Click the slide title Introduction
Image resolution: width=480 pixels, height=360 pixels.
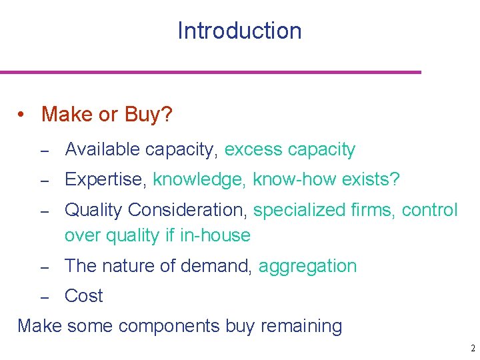point(239,31)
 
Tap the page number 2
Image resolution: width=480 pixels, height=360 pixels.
point(471,348)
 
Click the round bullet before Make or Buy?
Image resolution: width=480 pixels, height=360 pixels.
point(23,115)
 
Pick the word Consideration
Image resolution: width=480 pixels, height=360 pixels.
point(188,210)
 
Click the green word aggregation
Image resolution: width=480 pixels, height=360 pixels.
point(307,267)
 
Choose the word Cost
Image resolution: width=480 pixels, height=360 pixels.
point(84,296)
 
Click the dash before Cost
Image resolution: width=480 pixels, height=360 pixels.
point(45,297)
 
